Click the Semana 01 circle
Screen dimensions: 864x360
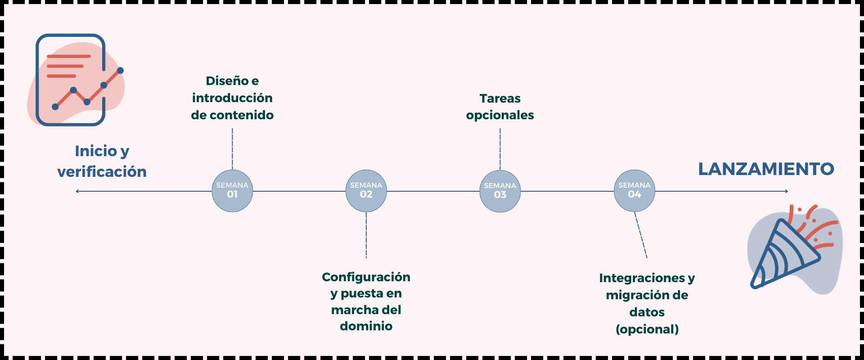click(x=232, y=191)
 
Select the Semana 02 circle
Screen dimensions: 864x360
click(x=366, y=191)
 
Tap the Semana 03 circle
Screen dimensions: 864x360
click(x=500, y=191)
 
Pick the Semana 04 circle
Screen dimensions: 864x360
click(x=634, y=191)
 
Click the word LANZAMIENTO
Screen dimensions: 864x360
click(x=766, y=169)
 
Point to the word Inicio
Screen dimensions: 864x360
click(x=96, y=151)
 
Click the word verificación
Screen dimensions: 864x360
click(x=102, y=172)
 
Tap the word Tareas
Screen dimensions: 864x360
click(x=500, y=99)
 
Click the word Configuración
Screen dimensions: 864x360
click(x=366, y=277)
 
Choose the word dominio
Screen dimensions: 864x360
click(x=366, y=326)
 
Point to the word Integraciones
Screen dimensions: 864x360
click(x=642, y=278)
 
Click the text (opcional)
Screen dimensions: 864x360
click(x=647, y=329)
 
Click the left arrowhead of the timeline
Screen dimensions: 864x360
click(x=77, y=191)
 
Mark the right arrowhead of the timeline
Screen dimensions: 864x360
click(x=787, y=191)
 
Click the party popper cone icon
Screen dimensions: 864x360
click(x=785, y=254)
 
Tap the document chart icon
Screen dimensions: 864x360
click(x=72, y=80)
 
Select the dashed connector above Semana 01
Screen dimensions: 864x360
click(x=232, y=148)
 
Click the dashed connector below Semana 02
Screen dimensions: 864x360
click(x=366, y=235)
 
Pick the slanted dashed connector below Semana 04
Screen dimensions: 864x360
click(x=641, y=235)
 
